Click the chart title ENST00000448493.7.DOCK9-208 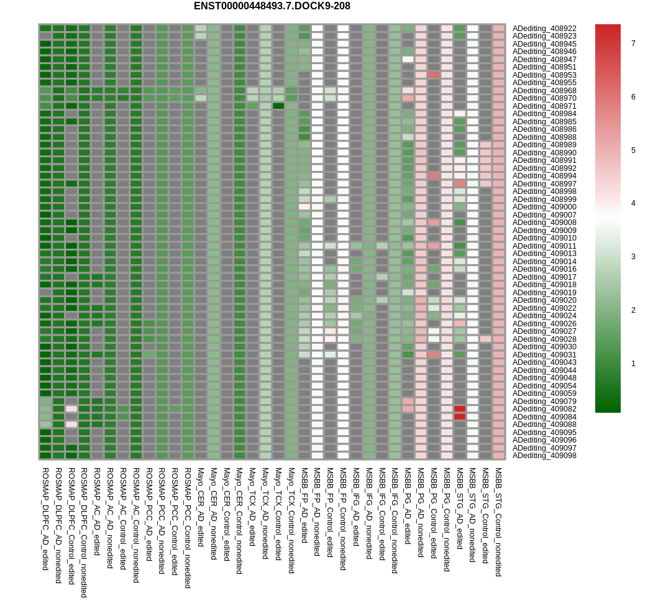tap(272, 6)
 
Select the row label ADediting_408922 tap(544, 29)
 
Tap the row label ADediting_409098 tap(544, 456)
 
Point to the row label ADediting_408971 tap(544, 106)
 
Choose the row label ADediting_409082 tap(544, 409)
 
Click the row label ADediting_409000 tap(544, 207)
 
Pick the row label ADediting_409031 tap(544, 355)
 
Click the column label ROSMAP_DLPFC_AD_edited tap(45, 519)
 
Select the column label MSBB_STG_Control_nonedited tap(498, 522)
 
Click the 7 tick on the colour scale tap(633, 44)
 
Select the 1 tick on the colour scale tap(633, 364)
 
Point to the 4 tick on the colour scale tap(633, 203)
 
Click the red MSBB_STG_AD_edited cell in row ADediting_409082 tap(460, 409)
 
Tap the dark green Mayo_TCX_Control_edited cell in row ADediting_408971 tap(278, 106)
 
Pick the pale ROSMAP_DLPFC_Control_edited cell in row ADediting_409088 tap(71, 425)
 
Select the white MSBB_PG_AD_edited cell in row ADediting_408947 tap(408, 60)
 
